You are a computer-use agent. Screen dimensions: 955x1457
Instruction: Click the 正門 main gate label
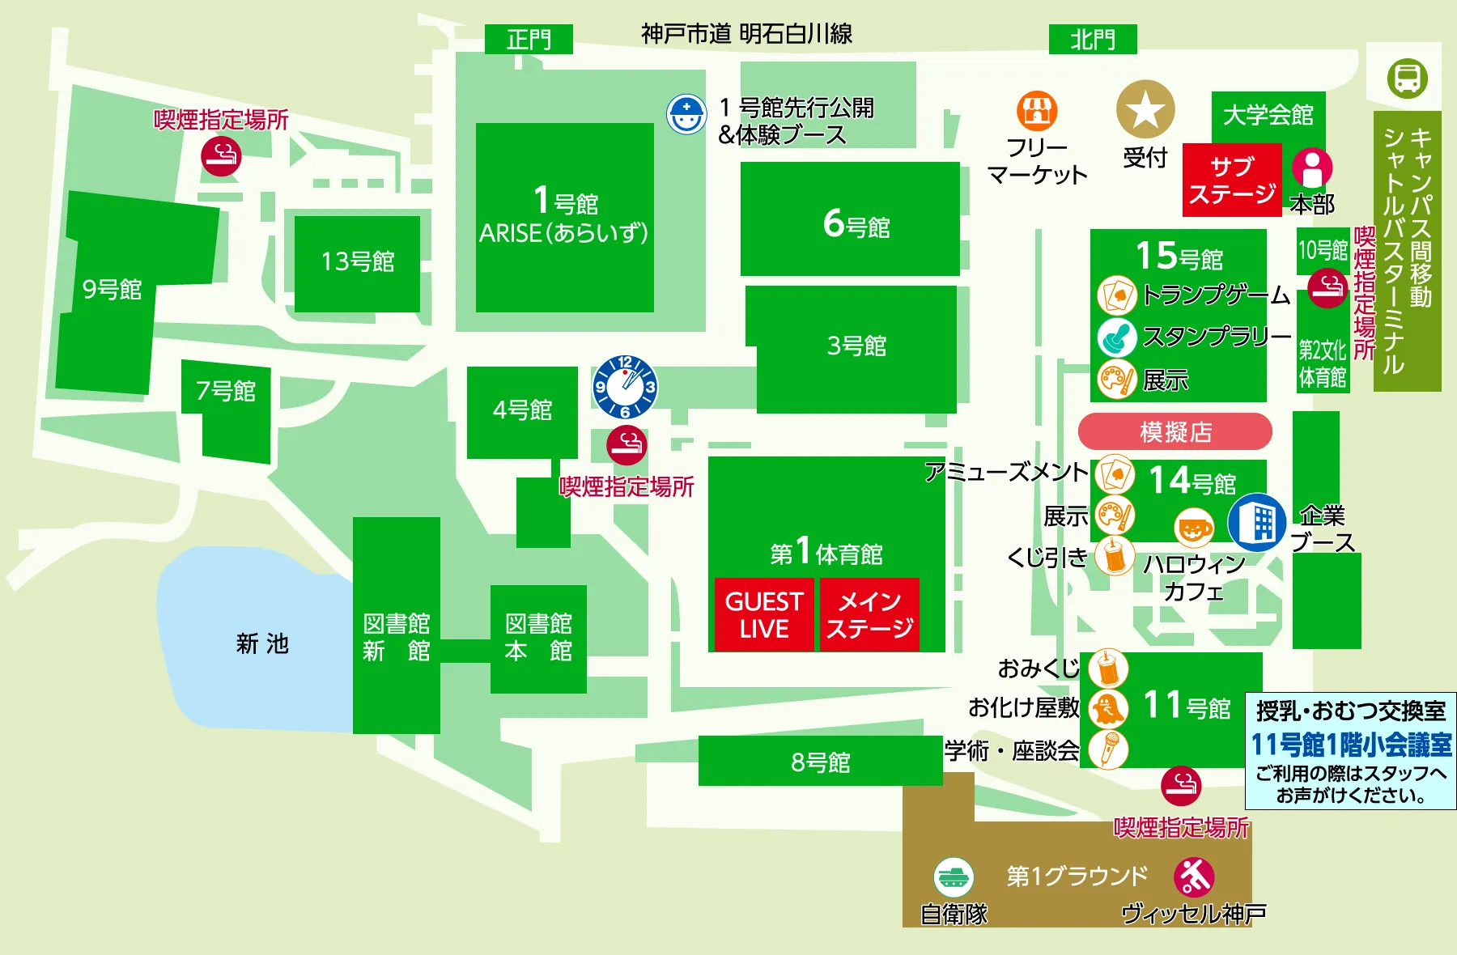[529, 39]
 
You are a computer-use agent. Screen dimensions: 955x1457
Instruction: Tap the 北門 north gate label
[1093, 39]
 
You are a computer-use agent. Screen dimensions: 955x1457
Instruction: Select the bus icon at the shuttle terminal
[1407, 79]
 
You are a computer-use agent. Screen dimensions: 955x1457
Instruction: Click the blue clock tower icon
[625, 387]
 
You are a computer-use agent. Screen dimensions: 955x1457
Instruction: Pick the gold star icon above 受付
[1145, 109]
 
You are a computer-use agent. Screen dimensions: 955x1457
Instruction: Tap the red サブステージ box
[1231, 180]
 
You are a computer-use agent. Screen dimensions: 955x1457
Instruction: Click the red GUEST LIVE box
[763, 614]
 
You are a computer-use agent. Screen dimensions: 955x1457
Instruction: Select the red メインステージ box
[869, 614]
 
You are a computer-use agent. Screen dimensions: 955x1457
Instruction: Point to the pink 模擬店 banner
[1175, 431]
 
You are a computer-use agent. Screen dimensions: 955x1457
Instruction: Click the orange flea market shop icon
[1037, 111]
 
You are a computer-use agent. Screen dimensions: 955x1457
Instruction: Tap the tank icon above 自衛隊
[954, 876]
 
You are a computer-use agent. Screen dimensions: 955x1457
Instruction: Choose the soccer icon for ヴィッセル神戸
[1194, 876]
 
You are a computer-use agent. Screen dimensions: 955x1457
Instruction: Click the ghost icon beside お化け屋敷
[1107, 709]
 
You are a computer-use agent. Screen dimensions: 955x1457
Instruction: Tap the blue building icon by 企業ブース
[1256, 522]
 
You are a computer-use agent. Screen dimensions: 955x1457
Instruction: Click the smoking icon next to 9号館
[221, 155]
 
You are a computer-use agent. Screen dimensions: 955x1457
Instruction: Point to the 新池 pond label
[261, 643]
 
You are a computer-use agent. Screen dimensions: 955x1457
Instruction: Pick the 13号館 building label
[357, 261]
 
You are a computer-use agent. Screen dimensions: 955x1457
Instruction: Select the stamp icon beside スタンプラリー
[1117, 337]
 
